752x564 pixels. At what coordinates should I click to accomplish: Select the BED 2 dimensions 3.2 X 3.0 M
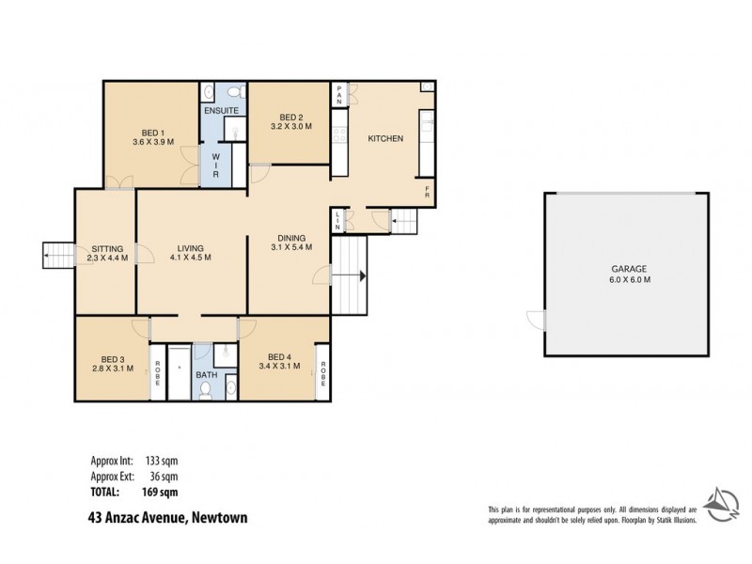pyautogui.click(x=290, y=125)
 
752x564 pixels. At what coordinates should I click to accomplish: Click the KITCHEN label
pyautogui.click(x=385, y=138)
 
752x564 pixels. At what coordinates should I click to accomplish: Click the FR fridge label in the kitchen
pyautogui.click(x=427, y=191)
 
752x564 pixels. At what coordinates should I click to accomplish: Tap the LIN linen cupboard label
pyautogui.click(x=337, y=220)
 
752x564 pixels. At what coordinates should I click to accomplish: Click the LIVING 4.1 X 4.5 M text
pyautogui.click(x=191, y=257)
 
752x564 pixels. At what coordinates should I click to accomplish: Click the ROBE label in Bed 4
pyautogui.click(x=322, y=374)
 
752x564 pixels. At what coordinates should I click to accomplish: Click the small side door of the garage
pyautogui.click(x=534, y=321)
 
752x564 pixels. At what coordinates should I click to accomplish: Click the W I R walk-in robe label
pyautogui.click(x=215, y=165)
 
